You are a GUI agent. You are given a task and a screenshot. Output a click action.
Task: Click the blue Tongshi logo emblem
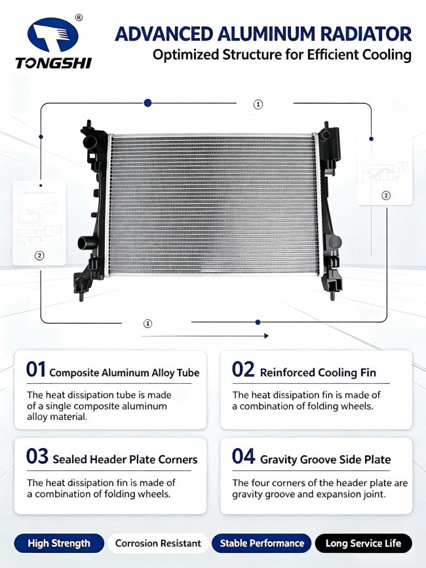pyautogui.click(x=53, y=35)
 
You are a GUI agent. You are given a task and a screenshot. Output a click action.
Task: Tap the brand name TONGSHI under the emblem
pyautogui.click(x=53, y=63)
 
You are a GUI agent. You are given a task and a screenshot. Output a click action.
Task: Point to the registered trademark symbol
pyautogui.click(x=79, y=18)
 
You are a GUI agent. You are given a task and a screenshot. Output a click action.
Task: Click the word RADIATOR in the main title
pyautogui.click(x=366, y=35)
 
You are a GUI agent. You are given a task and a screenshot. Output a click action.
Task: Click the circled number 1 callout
pyautogui.click(x=258, y=105)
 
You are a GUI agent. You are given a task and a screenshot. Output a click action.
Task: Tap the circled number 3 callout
pyautogui.click(x=147, y=324)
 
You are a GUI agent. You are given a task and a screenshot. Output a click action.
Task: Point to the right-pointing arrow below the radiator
pyautogui.click(x=204, y=336)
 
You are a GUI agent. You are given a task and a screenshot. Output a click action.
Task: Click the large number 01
pyautogui.click(x=36, y=370)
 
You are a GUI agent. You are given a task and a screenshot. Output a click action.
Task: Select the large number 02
pyautogui.click(x=243, y=370)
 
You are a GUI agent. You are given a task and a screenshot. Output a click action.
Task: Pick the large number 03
pyautogui.click(x=37, y=457)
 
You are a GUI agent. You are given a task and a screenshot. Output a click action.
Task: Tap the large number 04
pyautogui.click(x=243, y=457)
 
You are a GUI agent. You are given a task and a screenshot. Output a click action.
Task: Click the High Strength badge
pyautogui.click(x=59, y=543)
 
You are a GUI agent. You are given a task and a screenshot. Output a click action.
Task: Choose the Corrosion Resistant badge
pyautogui.click(x=158, y=543)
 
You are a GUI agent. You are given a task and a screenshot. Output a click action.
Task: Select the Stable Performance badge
pyautogui.click(x=261, y=543)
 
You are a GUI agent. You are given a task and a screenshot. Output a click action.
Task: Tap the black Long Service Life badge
pyautogui.click(x=363, y=543)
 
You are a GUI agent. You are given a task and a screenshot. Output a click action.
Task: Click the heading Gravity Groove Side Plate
pyautogui.click(x=325, y=460)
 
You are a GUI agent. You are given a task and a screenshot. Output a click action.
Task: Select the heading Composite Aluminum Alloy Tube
pyautogui.click(x=125, y=373)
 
